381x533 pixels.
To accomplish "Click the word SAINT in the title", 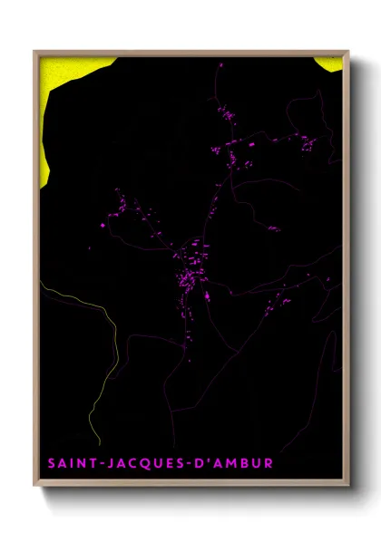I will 69,464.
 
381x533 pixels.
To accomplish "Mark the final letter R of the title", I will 268,464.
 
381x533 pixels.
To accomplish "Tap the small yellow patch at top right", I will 331,63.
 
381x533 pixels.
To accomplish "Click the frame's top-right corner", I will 347,52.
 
